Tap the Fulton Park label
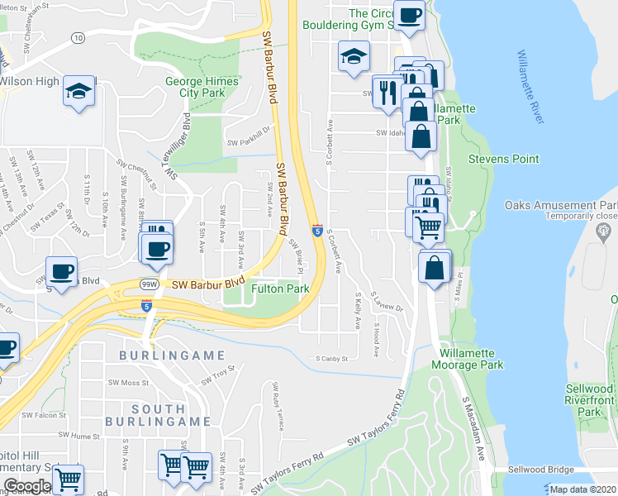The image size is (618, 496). click(x=280, y=289)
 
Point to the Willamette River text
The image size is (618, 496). click(x=529, y=87)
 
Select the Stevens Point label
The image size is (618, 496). click(x=503, y=159)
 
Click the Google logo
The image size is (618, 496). click(x=27, y=486)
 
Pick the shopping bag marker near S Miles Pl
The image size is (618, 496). click(x=434, y=267)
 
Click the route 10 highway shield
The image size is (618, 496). click(x=77, y=38)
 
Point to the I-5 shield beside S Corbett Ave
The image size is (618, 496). click(x=317, y=231)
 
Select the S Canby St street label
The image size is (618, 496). click(x=332, y=359)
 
